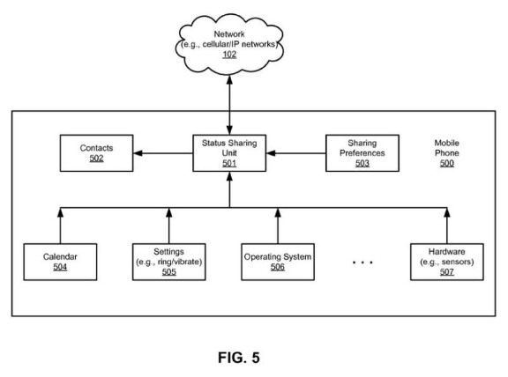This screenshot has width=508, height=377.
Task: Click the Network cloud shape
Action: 229,44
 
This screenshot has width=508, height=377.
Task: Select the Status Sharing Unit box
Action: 229,153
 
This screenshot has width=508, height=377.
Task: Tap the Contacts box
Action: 96,153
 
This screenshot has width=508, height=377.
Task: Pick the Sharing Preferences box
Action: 362,153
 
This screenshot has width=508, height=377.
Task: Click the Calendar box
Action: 60,262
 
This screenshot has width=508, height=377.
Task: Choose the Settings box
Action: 168,262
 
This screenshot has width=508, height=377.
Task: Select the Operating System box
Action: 278,262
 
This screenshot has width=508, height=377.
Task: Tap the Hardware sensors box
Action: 447,262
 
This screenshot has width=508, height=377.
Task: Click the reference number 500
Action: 447,164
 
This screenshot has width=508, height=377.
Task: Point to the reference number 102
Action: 229,55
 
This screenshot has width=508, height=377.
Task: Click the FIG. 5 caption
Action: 239,358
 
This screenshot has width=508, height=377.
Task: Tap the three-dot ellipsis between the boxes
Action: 362,262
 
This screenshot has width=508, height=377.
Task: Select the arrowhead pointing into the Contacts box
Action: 138,153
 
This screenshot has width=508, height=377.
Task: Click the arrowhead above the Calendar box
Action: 60,212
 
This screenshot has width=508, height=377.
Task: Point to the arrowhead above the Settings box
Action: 168,212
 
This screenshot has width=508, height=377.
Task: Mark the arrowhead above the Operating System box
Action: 278,212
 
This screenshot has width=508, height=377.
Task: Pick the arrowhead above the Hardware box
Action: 447,212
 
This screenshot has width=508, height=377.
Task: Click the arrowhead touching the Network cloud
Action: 229,80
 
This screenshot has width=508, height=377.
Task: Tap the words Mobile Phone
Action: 447,148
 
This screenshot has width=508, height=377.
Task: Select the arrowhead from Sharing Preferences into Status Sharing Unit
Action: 271,153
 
